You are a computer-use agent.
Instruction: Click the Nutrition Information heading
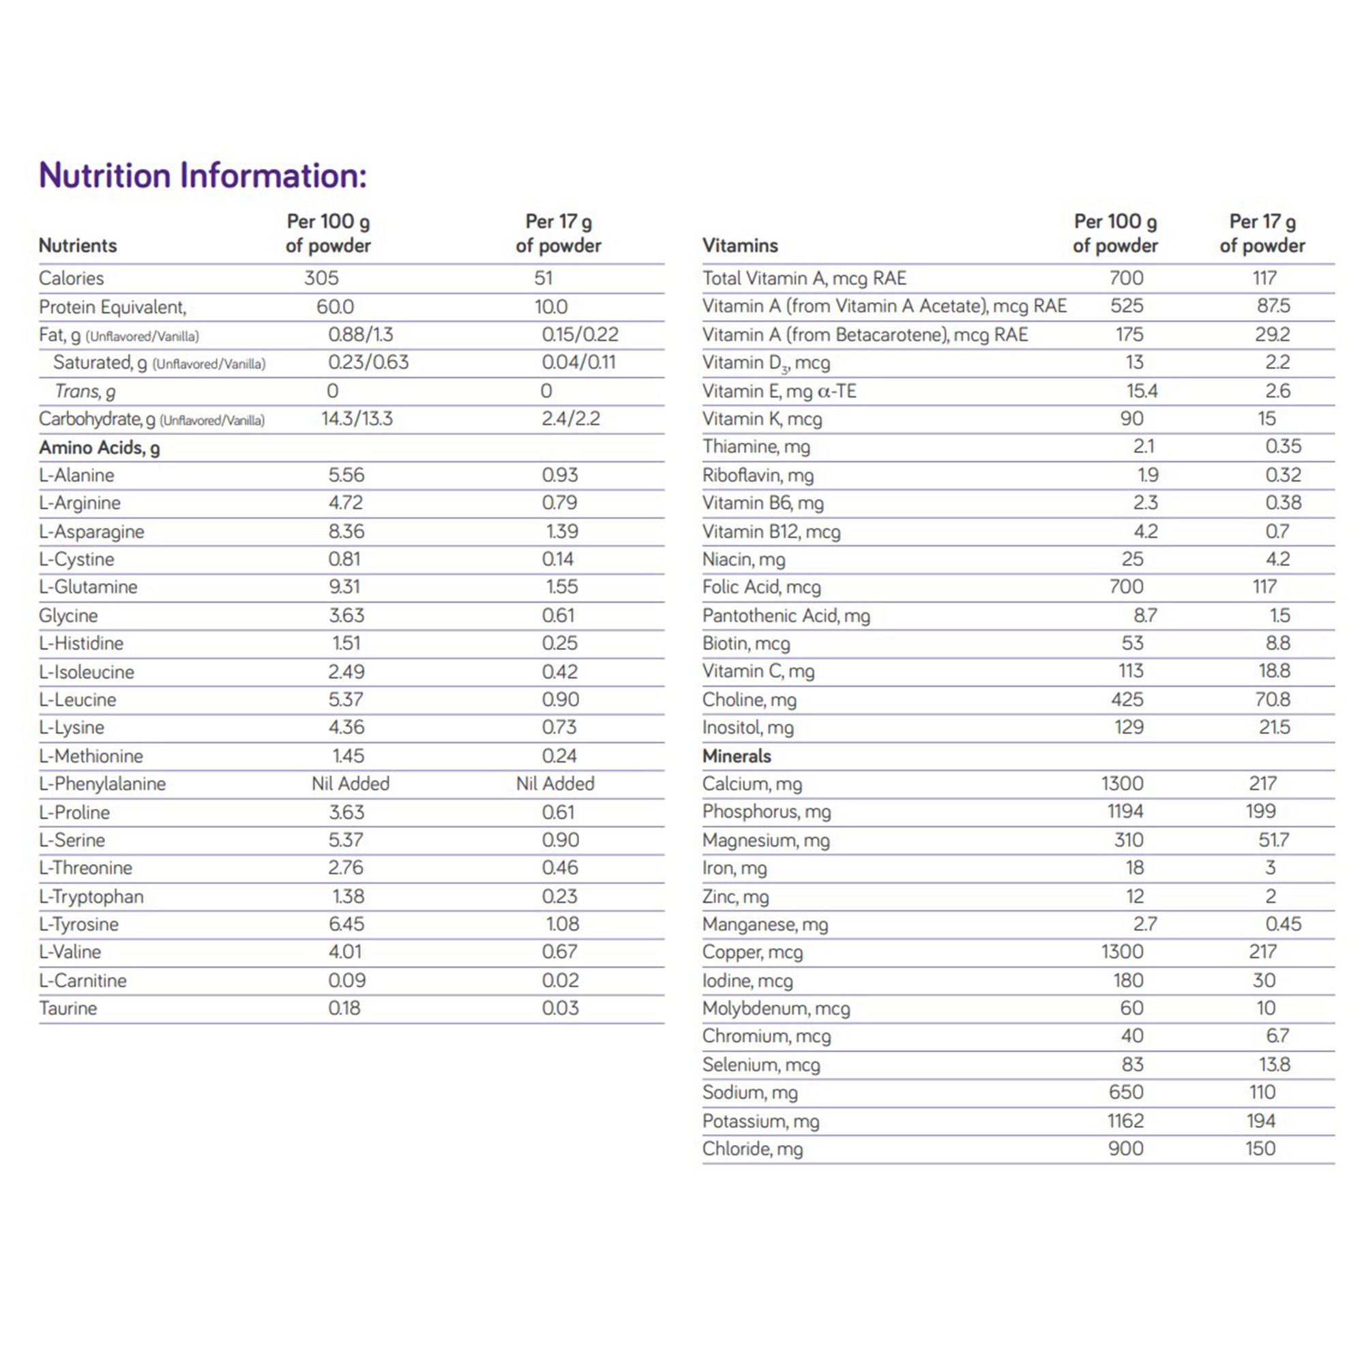[203, 175]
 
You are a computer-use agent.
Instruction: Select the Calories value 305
[321, 278]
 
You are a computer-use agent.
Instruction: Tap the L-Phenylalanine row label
[102, 784]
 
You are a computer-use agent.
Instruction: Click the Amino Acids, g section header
[100, 447]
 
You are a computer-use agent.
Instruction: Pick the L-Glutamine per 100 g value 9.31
[346, 587]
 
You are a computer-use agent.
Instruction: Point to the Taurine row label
[68, 1008]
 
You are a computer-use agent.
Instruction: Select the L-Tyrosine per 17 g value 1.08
[562, 923]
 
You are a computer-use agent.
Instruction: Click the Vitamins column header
[740, 246]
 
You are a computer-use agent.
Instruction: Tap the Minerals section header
[737, 756]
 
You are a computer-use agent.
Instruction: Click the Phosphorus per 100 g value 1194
[1125, 811]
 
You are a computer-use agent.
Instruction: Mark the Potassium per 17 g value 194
[1260, 1121]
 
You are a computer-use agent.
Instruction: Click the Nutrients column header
[78, 246]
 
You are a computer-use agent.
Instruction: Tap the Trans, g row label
[85, 391]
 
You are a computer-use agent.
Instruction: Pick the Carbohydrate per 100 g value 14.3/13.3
[357, 419]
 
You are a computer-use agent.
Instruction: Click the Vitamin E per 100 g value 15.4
[1141, 391]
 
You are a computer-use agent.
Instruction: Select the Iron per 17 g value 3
[1270, 867]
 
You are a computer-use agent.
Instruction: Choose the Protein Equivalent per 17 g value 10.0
[550, 307]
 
